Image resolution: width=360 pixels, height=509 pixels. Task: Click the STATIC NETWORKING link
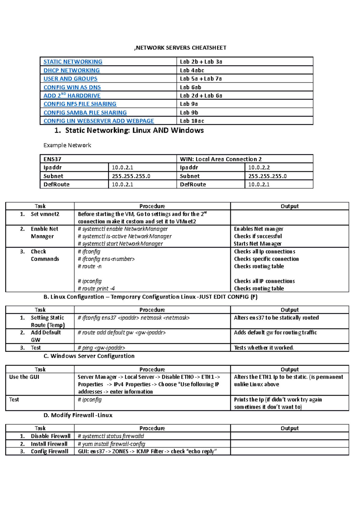(x=73, y=62)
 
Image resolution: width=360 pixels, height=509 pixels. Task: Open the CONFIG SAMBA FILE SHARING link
(x=85, y=113)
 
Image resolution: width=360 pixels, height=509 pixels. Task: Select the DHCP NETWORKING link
(x=71, y=70)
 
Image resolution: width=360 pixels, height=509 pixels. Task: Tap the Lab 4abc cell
(x=192, y=70)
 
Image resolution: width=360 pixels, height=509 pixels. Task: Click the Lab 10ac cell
(x=192, y=121)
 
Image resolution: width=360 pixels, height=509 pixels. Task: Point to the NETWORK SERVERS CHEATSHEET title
(x=180, y=48)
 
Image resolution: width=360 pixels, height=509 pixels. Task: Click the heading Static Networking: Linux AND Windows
(x=134, y=130)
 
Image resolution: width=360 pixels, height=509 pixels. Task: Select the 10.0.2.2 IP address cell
(x=259, y=168)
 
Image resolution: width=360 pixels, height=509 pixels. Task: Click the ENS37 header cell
(x=52, y=159)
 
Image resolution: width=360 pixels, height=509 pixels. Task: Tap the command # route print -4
(x=96, y=289)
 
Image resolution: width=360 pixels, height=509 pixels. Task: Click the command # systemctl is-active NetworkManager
(x=124, y=237)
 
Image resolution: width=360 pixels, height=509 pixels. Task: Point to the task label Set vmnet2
(x=45, y=214)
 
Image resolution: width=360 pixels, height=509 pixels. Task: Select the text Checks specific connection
(x=266, y=259)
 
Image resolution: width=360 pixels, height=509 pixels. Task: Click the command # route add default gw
(x=121, y=333)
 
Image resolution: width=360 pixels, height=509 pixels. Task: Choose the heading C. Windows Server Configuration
(x=89, y=356)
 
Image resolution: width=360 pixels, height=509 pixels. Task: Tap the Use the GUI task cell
(x=24, y=377)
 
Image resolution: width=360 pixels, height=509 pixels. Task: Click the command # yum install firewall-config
(x=111, y=444)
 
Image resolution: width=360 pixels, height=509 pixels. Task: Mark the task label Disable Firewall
(x=50, y=436)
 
